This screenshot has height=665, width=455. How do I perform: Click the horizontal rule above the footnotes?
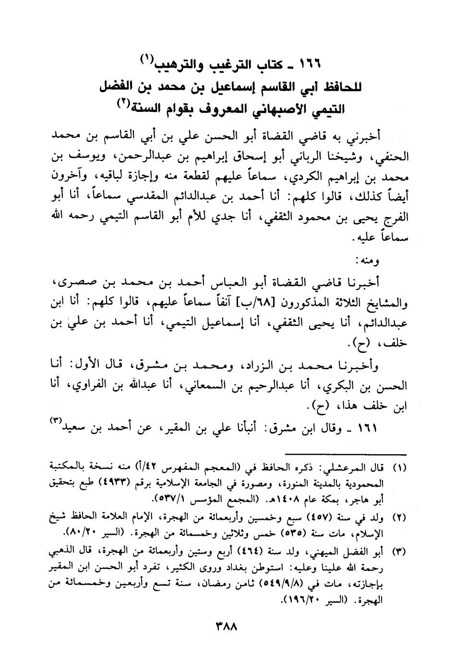(x=345, y=453)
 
